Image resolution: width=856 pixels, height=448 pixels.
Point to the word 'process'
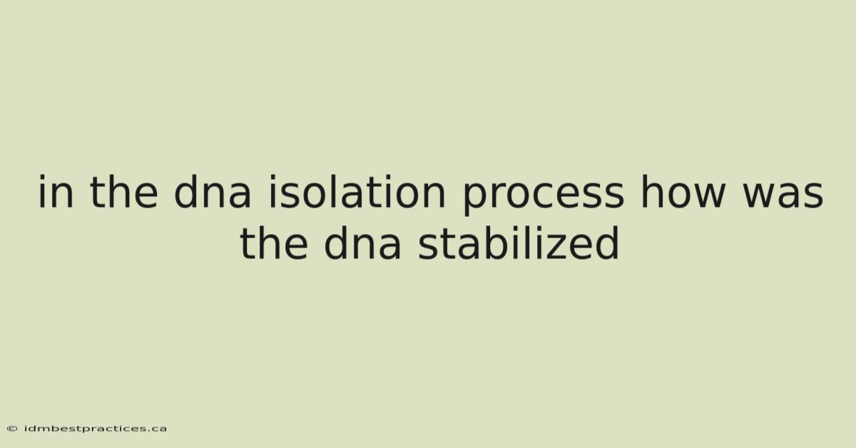pyautogui.click(x=544, y=195)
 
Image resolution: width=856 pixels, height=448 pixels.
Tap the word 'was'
pyautogui.click(x=783, y=194)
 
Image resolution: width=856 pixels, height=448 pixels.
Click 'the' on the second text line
pyautogui.click(x=274, y=243)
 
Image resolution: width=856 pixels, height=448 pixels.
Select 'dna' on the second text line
pyautogui.click(x=362, y=243)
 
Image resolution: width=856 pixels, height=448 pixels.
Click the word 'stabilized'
pyautogui.click(x=518, y=243)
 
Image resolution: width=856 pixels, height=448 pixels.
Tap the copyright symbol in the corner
pyautogui.click(x=12, y=429)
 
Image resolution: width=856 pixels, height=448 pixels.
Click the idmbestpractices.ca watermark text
pyautogui.click(x=96, y=429)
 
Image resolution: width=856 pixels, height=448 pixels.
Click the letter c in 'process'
pyautogui.click(x=548, y=194)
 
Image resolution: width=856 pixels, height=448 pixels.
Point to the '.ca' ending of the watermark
pyautogui.click(x=158, y=429)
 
